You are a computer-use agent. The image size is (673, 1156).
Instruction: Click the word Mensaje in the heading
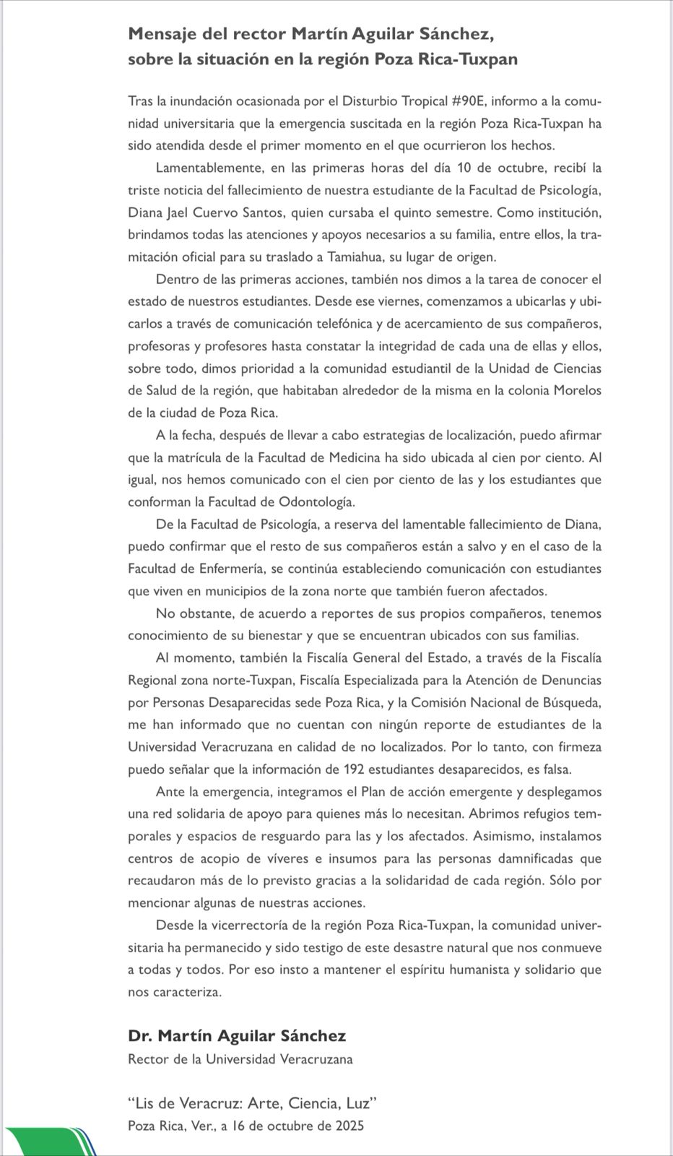[x=160, y=34]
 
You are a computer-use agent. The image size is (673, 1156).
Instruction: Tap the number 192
[x=358, y=769]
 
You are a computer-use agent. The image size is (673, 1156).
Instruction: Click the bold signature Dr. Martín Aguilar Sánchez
[x=237, y=1036]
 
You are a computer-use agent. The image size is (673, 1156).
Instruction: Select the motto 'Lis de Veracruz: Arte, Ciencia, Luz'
[x=253, y=1103]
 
